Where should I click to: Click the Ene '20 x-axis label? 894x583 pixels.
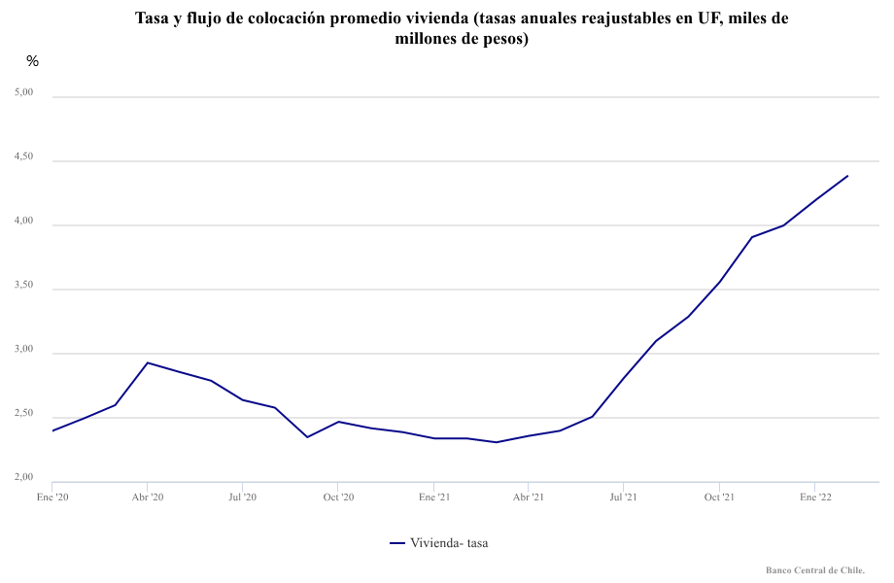click(52, 497)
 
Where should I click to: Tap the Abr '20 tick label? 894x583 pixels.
click(147, 497)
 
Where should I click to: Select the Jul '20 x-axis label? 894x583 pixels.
click(242, 497)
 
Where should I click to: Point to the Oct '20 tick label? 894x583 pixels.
click(337, 497)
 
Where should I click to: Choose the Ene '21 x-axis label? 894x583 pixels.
click(433, 497)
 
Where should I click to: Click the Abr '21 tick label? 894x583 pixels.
click(528, 497)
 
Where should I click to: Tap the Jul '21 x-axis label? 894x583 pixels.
click(623, 497)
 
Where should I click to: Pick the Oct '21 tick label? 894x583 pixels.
click(719, 497)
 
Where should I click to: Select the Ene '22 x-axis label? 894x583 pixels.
click(814, 497)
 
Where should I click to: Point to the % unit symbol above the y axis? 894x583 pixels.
click(33, 61)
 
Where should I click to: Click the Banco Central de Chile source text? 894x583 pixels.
click(814, 570)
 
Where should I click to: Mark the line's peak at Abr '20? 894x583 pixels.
click(147, 362)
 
